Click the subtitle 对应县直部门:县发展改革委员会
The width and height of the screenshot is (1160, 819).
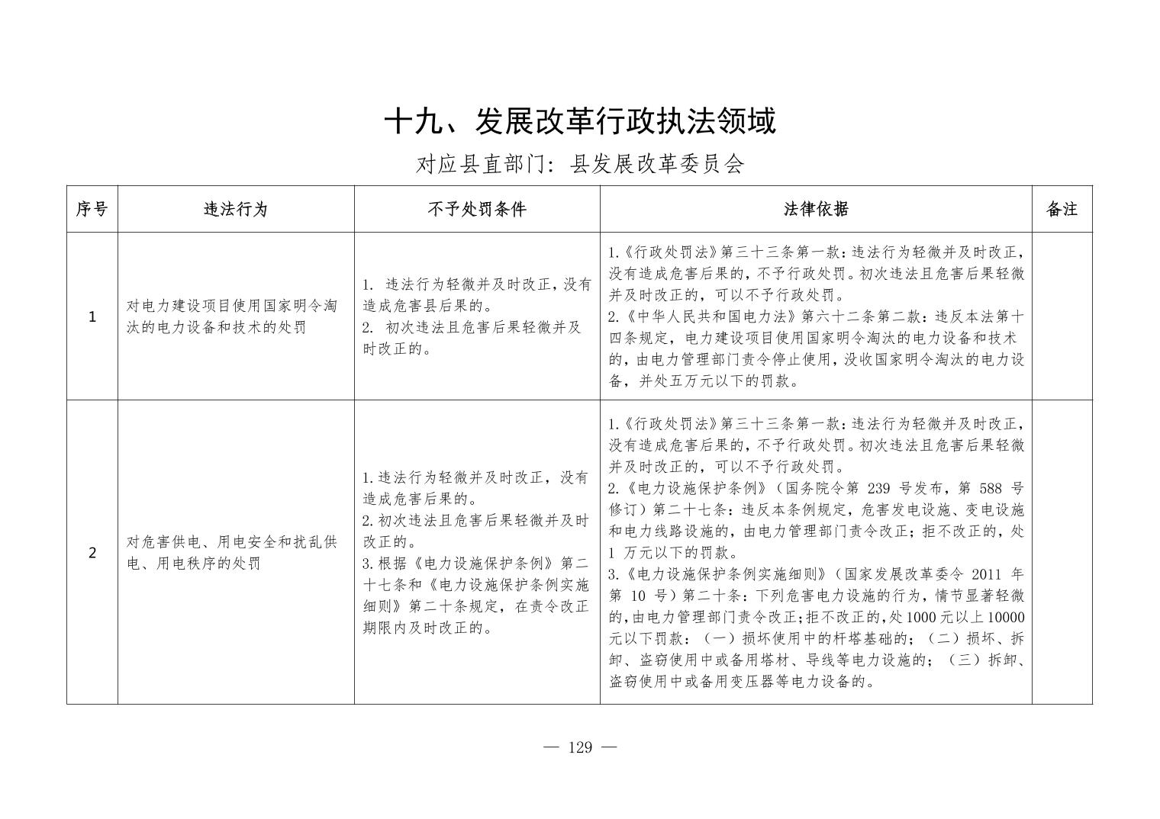[x=580, y=164]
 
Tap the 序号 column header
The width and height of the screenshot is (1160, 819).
[x=92, y=209]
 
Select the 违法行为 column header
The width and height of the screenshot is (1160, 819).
[x=236, y=209]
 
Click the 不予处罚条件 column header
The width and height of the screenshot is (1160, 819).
[x=477, y=209]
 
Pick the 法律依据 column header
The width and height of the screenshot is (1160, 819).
[x=816, y=209]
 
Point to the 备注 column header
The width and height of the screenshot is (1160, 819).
[x=1062, y=209]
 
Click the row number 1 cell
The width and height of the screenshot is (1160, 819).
[x=92, y=316]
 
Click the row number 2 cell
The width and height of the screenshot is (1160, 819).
[x=92, y=552]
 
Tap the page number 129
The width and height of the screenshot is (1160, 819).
[x=580, y=747]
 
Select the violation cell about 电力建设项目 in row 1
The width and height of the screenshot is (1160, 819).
[x=231, y=316]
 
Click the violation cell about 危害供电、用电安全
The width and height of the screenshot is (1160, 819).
[x=231, y=552]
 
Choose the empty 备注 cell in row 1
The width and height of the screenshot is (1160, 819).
[x=1062, y=316]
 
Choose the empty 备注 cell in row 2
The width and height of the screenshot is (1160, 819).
[x=1062, y=552]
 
